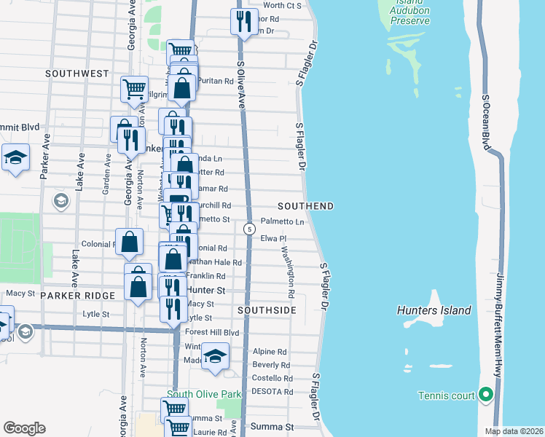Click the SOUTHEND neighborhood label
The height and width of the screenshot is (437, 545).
(x=305, y=206)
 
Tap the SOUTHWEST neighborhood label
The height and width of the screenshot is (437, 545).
(x=77, y=74)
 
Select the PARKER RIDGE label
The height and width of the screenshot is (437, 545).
(x=78, y=295)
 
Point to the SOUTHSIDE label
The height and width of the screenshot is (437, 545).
(x=267, y=310)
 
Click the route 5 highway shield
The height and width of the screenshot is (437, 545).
(x=250, y=229)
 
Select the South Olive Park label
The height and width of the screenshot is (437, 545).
(x=203, y=395)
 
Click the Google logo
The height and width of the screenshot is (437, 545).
(x=24, y=428)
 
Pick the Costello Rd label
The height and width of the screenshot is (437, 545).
(x=272, y=378)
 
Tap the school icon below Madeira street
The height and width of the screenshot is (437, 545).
(x=215, y=356)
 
